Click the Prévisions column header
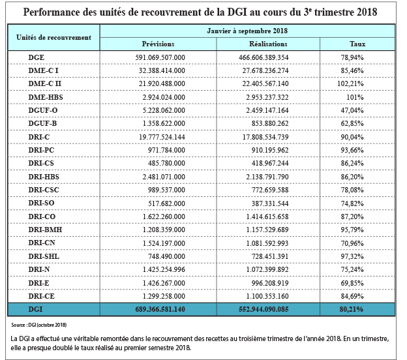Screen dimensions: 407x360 158,44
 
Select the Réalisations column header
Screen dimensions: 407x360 268,44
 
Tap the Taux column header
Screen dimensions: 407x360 357,44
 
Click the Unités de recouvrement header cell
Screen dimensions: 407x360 53,37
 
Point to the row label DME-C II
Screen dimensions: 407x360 44,83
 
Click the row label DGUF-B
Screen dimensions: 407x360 42,123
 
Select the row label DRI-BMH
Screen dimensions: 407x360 45,230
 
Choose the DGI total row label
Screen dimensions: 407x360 35,309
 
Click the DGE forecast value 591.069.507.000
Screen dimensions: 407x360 160,57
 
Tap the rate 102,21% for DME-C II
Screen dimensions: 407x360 350,83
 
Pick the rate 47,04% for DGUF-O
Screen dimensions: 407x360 352,110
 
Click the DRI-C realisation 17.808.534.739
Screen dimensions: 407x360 265,137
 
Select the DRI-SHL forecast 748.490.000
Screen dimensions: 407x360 166,256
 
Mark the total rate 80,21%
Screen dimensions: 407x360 351,309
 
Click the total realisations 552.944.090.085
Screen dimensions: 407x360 264,309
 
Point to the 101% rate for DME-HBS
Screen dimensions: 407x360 355,97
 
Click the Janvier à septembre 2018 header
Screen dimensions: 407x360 247,31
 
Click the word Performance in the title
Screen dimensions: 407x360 52,12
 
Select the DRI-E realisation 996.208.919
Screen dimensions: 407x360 270,283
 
